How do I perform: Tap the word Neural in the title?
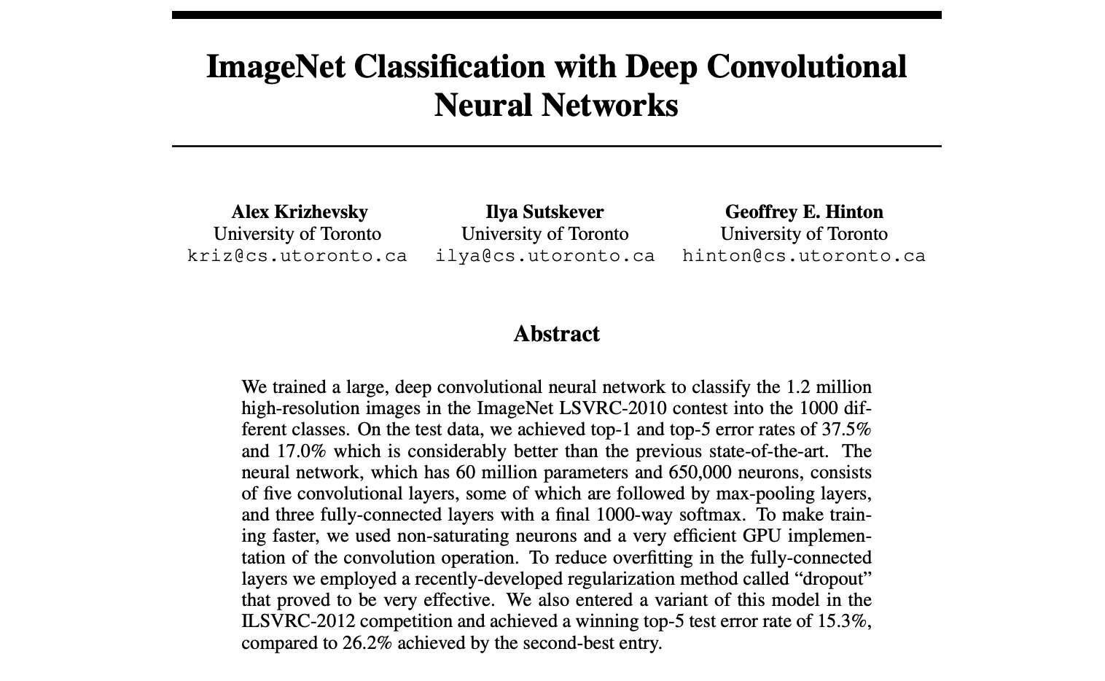pos(482,105)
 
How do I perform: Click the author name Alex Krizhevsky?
pos(299,212)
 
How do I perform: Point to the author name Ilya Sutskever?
pos(544,212)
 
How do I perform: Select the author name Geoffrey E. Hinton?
pos(803,212)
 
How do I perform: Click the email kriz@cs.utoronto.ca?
pos(297,257)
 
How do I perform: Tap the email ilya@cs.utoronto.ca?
pos(544,257)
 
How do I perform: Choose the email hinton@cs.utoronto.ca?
pos(803,257)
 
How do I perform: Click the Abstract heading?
pos(556,334)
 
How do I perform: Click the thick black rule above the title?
pos(556,15)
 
